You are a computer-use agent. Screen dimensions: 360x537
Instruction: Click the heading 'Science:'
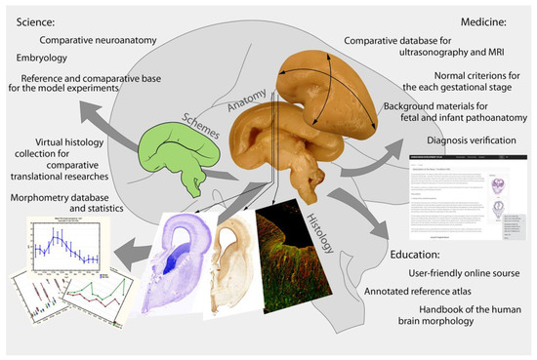(x=35, y=18)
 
